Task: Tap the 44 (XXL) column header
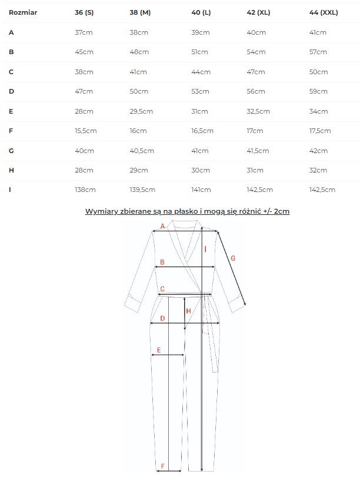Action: coord(323,12)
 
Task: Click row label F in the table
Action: coord(11,131)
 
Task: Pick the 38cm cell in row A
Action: coord(139,32)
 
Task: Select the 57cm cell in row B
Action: coord(318,52)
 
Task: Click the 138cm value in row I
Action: coord(85,190)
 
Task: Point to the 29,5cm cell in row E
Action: coord(141,111)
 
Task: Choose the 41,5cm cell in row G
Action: coord(259,151)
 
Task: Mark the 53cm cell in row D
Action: coord(199,91)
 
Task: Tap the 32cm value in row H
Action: coord(318,170)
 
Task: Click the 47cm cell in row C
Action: coord(256,72)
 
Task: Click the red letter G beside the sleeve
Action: coord(233,258)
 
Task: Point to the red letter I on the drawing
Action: coord(205,250)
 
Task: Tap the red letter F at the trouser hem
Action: coord(162,466)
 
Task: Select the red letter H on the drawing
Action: coord(188,311)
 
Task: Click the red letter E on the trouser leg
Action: coord(158,350)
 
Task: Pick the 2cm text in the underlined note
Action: coord(282,211)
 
